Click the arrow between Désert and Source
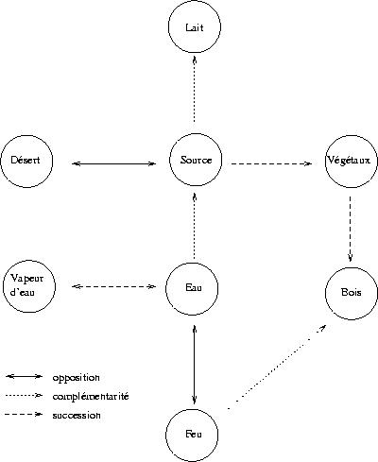pyautogui.click(x=114, y=163)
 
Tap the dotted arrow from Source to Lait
pyautogui.click(x=195, y=89)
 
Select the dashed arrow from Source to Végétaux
pyautogui.click(x=271, y=163)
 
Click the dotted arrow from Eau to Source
pyautogui.click(x=195, y=226)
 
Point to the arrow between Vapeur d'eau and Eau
pyautogui.click(x=114, y=286)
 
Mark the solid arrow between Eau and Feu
pyautogui.click(x=195, y=365)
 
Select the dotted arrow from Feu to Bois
pyautogui.click(x=277, y=368)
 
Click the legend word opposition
pyautogui.click(x=77, y=378)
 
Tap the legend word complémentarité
pyautogui.click(x=91, y=396)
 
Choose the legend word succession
pyautogui.click(x=77, y=415)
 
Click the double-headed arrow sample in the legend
pyautogui.click(x=24, y=376)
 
